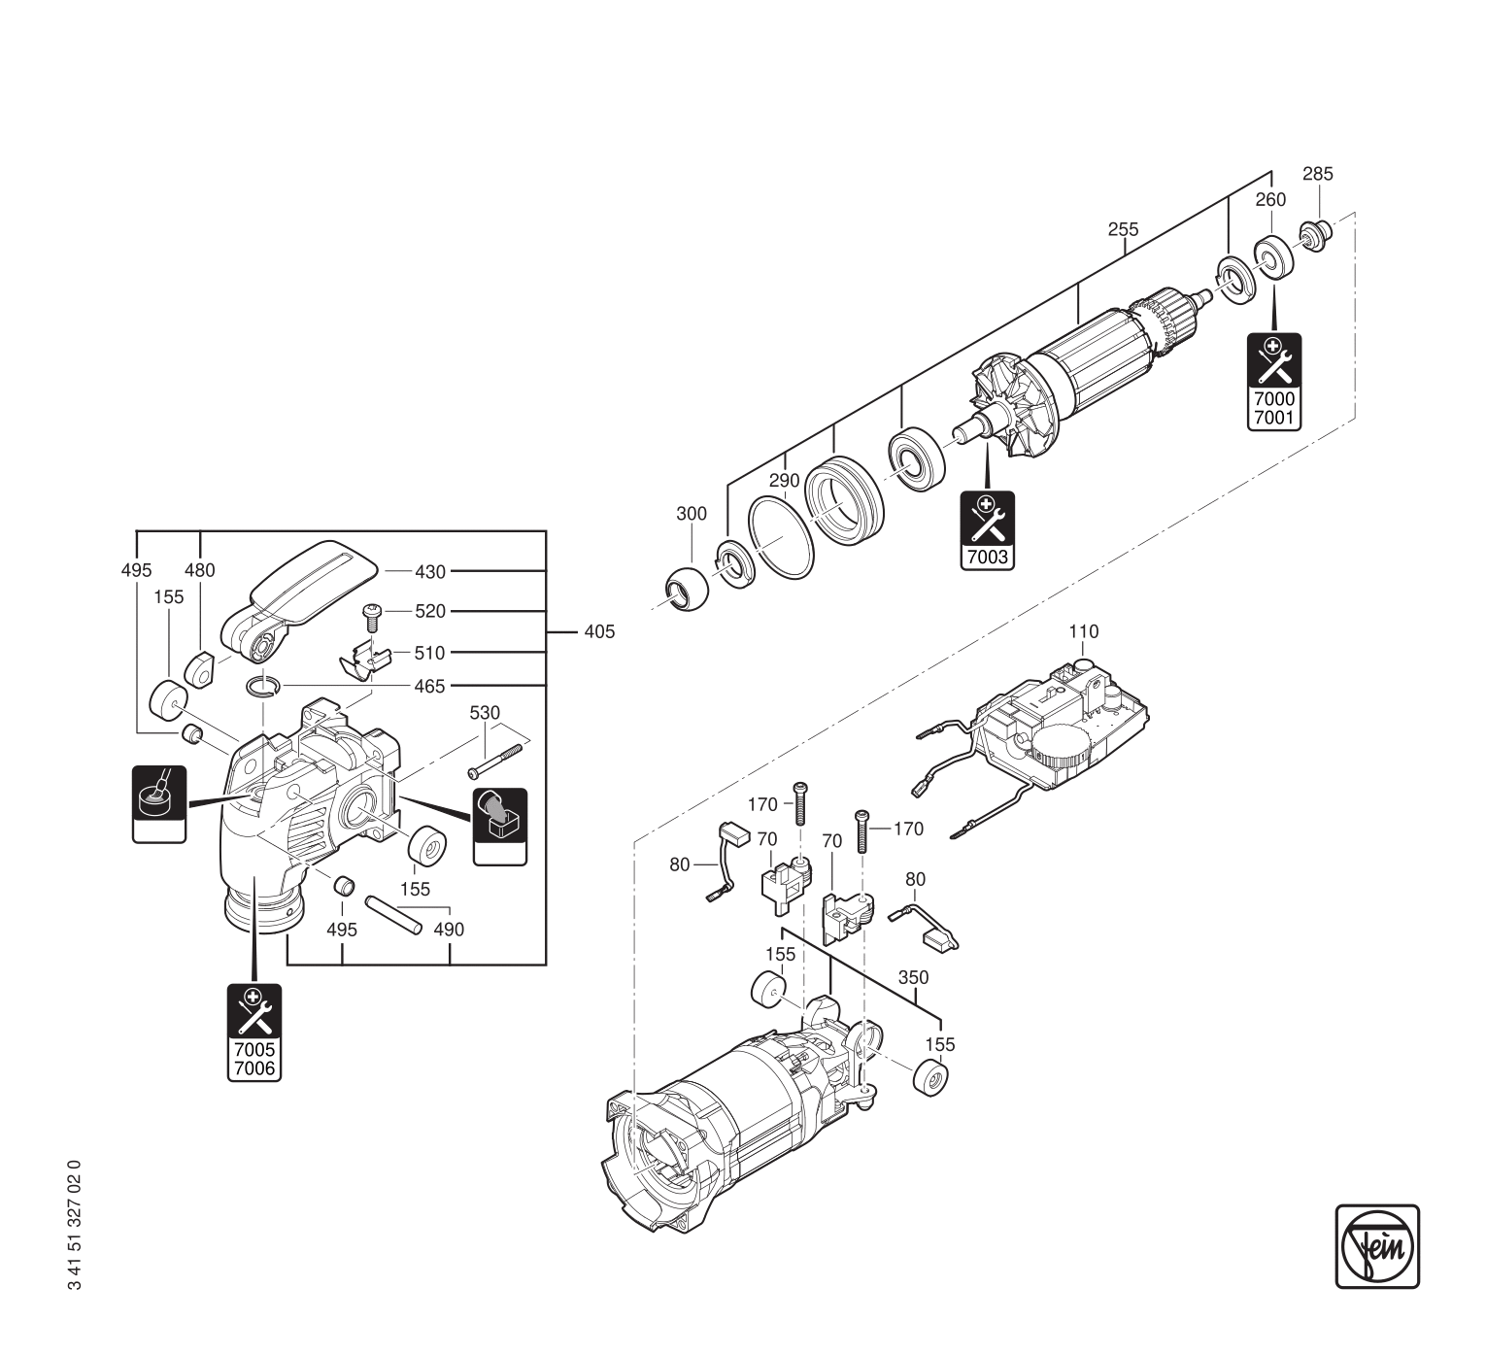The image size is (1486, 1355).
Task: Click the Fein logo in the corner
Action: pos(1376,1246)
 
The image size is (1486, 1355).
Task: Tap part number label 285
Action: pos(1317,175)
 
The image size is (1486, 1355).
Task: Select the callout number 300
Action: pos(692,514)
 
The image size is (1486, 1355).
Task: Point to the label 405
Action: pos(599,632)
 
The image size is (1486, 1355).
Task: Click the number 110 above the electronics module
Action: pos(1083,632)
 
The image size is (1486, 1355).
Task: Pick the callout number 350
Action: pos(913,978)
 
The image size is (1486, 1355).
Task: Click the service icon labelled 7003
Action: pos(986,529)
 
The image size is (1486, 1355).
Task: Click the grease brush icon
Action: pos(158,802)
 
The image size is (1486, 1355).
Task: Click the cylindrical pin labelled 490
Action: pos(393,914)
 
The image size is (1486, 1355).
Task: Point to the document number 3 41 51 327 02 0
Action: pos(76,1225)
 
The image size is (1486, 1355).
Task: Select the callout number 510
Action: pos(429,653)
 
